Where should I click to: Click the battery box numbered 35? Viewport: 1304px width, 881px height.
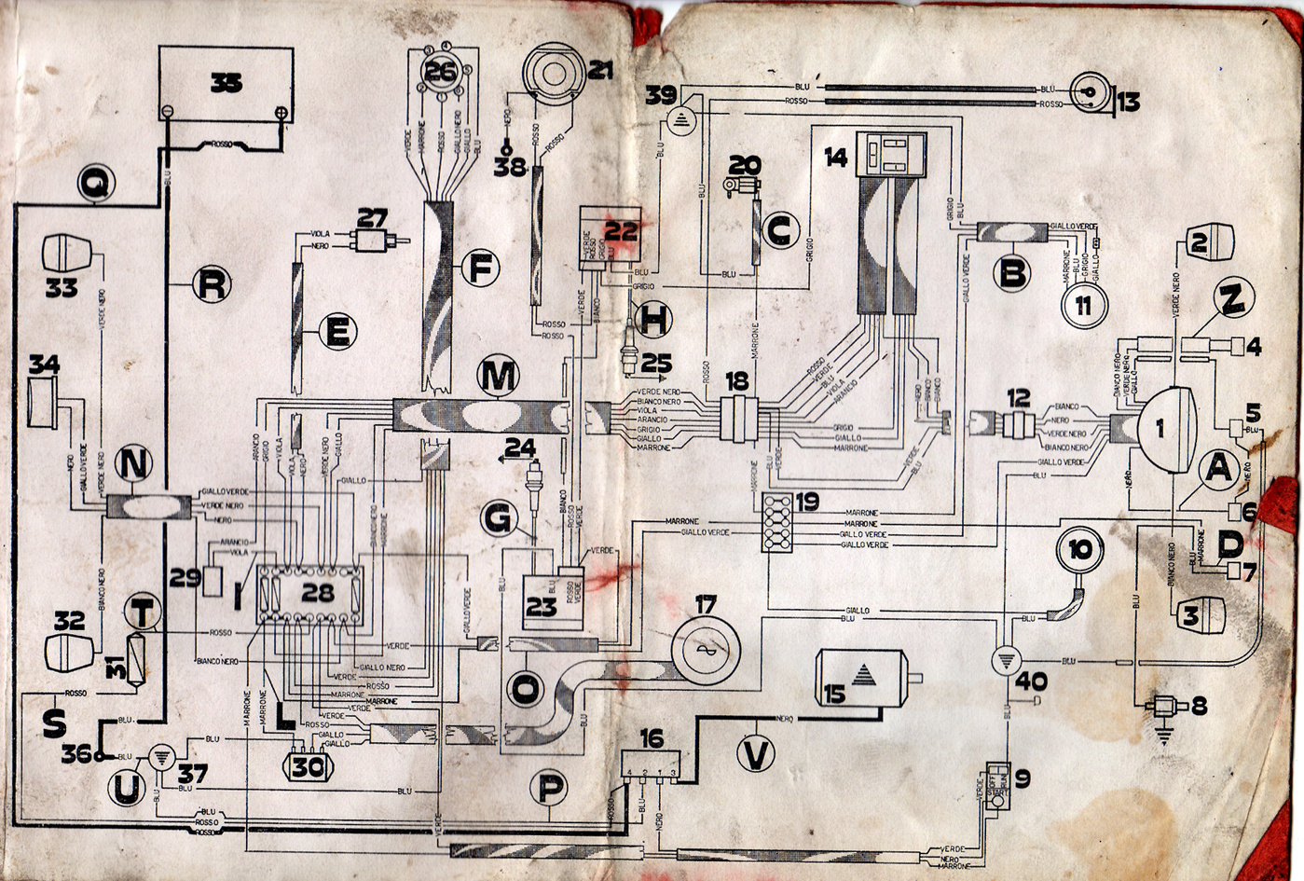coord(226,84)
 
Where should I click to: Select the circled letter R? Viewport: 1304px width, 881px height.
coord(211,284)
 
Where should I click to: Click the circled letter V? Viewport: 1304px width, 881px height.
coord(756,752)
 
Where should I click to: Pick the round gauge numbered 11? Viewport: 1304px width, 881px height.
coord(1083,305)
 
